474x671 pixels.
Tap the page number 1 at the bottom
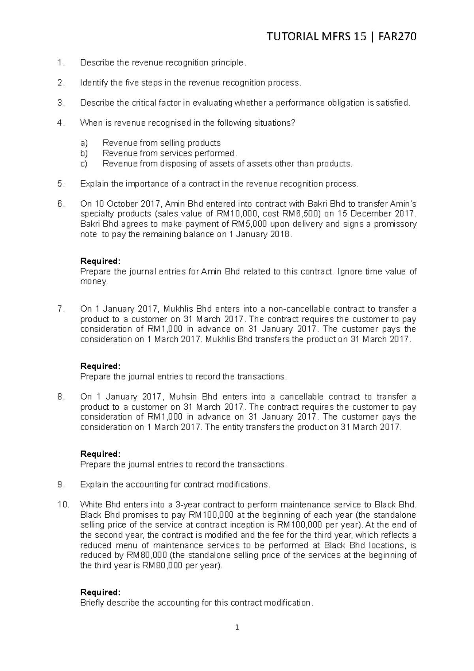(237, 627)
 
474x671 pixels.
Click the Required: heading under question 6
(100, 261)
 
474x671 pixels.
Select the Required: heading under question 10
(100, 592)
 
